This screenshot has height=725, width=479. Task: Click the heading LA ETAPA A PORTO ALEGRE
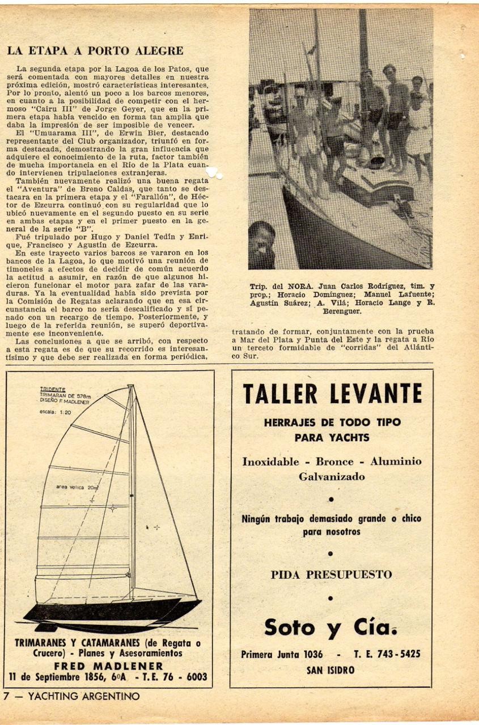[x=95, y=51]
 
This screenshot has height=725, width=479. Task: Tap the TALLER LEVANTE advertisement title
[x=332, y=394]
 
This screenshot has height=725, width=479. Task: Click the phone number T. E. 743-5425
[x=387, y=654]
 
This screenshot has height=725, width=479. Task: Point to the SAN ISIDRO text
[x=330, y=670]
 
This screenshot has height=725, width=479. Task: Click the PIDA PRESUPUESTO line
[x=331, y=574]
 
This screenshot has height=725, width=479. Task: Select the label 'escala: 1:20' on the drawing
[x=55, y=412]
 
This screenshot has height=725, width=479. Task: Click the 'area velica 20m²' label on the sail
[x=77, y=487]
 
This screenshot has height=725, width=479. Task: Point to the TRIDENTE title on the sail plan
[x=53, y=389]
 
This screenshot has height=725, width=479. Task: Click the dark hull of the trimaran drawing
[x=108, y=611]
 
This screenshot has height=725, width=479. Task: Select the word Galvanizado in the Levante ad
[x=332, y=477]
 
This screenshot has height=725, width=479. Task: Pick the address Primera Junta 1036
[x=282, y=654]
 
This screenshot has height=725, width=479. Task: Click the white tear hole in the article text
[x=213, y=173]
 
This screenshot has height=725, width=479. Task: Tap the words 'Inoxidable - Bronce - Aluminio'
[x=332, y=462]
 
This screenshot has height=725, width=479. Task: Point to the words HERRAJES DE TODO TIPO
[x=332, y=422]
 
